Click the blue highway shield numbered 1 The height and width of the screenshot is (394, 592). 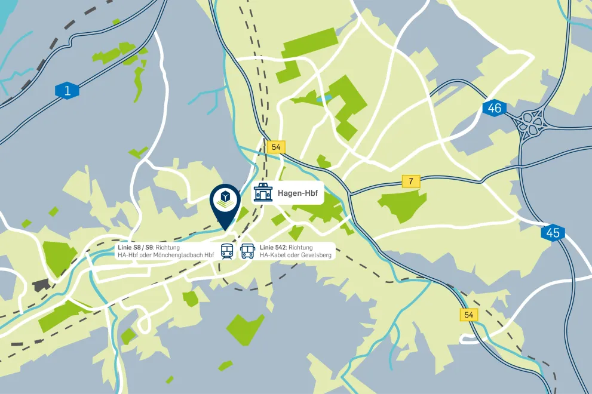coord(67,91)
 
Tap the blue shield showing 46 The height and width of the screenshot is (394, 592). coord(494,108)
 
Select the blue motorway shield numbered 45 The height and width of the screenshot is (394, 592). coord(553,232)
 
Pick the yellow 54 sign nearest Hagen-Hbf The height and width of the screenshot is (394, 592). coord(276,147)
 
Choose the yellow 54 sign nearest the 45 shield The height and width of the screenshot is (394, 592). coord(469,315)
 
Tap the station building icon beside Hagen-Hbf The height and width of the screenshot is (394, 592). coord(263,193)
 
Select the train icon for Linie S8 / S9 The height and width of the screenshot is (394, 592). coord(227,251)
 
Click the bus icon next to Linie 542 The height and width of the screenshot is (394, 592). coord(247,251)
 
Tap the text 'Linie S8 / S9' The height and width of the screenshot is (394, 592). coord(135,247)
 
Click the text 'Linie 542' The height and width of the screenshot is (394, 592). coord(273,247)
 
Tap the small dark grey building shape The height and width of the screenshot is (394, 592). coord(40,284)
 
